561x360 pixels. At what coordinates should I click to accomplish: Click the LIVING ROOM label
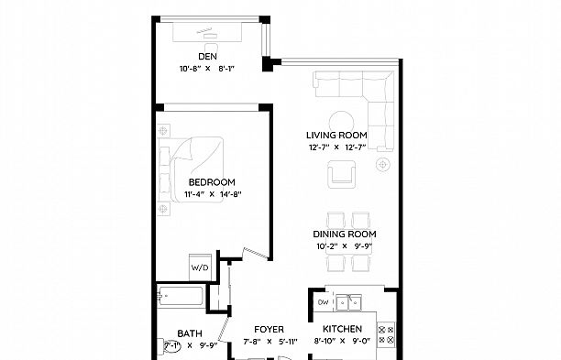click(335, 136)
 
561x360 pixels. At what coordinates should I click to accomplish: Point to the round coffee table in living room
click(343, 120)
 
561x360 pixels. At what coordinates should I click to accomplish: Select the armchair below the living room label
click(344, 171)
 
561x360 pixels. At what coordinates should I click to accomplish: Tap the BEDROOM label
click(212, 182)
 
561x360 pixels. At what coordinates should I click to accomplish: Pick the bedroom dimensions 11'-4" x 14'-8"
click(212, 193)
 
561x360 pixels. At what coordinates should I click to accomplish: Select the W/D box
click(200, 267)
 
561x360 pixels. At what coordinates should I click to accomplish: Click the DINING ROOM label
click(346, 235)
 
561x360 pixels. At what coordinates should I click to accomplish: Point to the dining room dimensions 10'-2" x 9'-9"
click(346, 245)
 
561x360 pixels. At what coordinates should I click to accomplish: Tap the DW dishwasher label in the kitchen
click(323, 301)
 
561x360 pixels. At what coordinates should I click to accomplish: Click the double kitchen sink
click(349, 302)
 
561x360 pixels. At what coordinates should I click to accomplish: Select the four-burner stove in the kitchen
click(386, 335)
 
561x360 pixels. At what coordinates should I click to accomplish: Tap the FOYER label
click(269, 330)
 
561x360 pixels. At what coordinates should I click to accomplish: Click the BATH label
click(191, 334)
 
